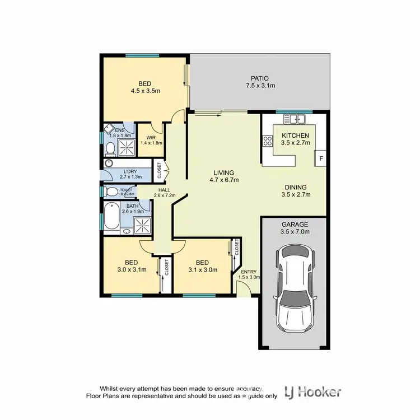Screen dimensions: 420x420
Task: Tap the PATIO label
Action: click(x=257, y=78)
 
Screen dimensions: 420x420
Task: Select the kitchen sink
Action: click(x=293, y=119)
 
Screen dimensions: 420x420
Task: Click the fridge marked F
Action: click(x=321, y=158)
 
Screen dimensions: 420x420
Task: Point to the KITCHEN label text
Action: click(x=295, y=136)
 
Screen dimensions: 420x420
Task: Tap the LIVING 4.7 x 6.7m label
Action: click(x=223, y=176)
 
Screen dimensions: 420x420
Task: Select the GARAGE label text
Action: click(x=295, y=224)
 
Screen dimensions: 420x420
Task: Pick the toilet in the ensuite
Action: click(x=110, y=148)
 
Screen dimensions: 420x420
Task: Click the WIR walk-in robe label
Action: click(x=151, y=138)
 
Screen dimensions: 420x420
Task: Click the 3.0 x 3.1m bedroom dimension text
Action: click(x=131, y=269)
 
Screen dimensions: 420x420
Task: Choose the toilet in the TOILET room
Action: click(x=111, y=192)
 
